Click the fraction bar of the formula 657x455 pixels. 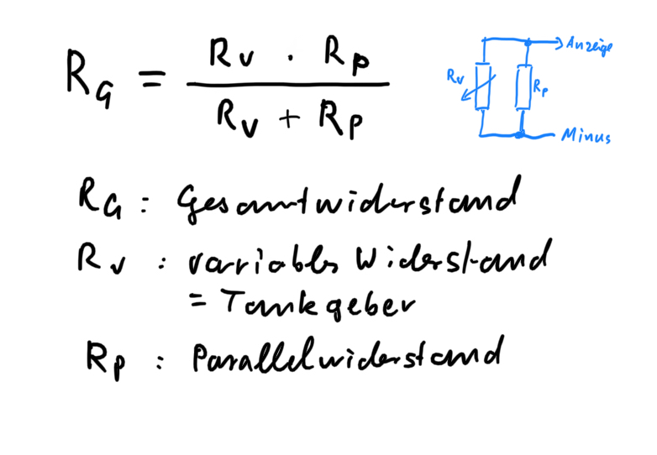(x=287, y=85)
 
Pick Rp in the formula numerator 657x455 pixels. (x=347, y=59)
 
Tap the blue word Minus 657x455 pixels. (x=586, y=137)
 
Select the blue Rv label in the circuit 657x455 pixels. (x=455, y=76)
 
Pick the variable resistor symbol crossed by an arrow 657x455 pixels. (x=481, y=86)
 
